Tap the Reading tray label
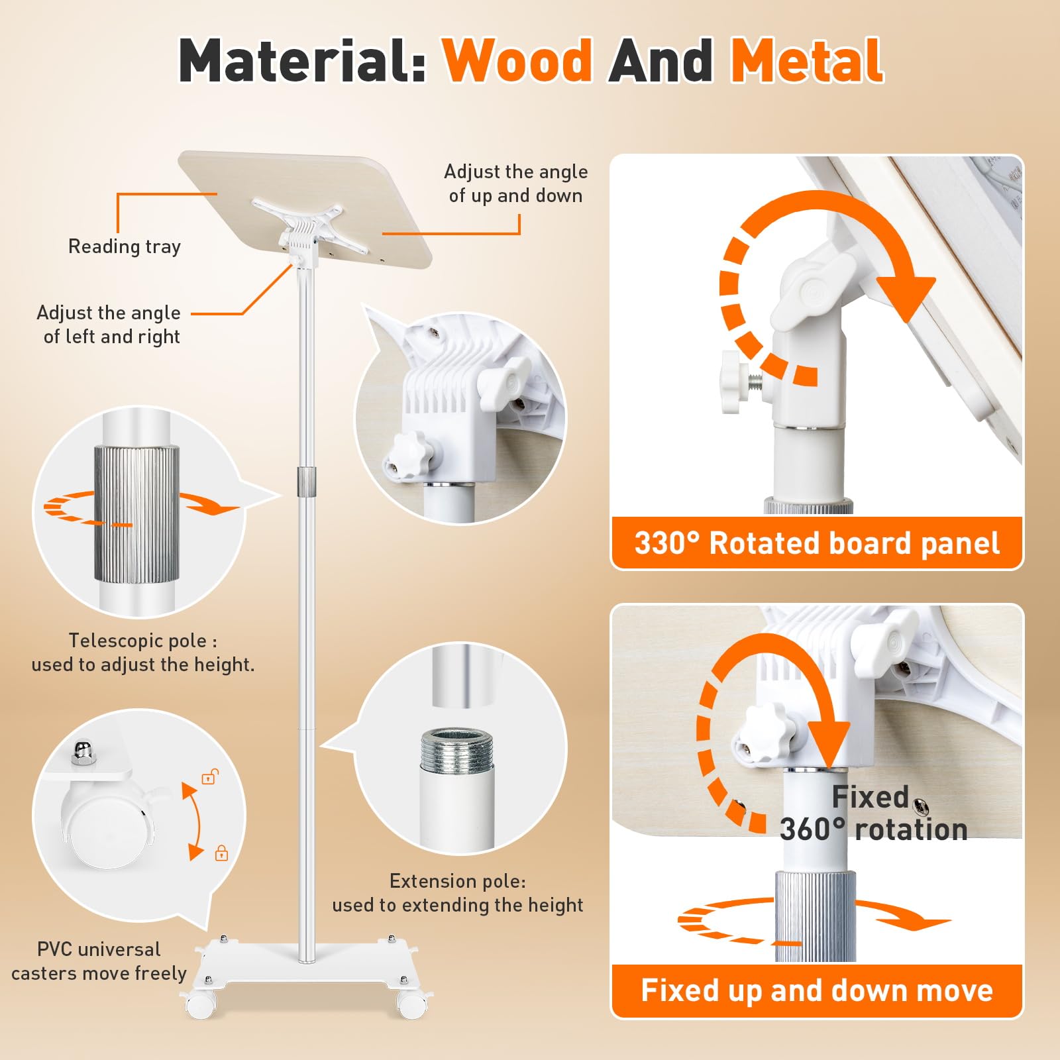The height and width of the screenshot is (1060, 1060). [125, 246]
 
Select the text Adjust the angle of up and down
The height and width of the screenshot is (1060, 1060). [516, 184]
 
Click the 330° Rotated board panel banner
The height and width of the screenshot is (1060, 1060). [817, 543]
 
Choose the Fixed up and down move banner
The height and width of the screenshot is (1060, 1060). [817, 990]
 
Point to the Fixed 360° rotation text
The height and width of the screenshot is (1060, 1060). [873, 813]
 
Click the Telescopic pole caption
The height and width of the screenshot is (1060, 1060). [143, 653]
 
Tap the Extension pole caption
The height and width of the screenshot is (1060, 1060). [458, 893]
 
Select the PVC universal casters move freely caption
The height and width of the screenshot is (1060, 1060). [99, 961]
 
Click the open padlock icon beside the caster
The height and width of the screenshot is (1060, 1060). [210, 776]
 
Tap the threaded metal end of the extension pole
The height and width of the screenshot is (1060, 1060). [457, 750]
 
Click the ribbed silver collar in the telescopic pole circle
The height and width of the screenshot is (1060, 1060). [136, 515]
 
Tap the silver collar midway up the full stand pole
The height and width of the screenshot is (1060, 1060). [306, 480]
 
